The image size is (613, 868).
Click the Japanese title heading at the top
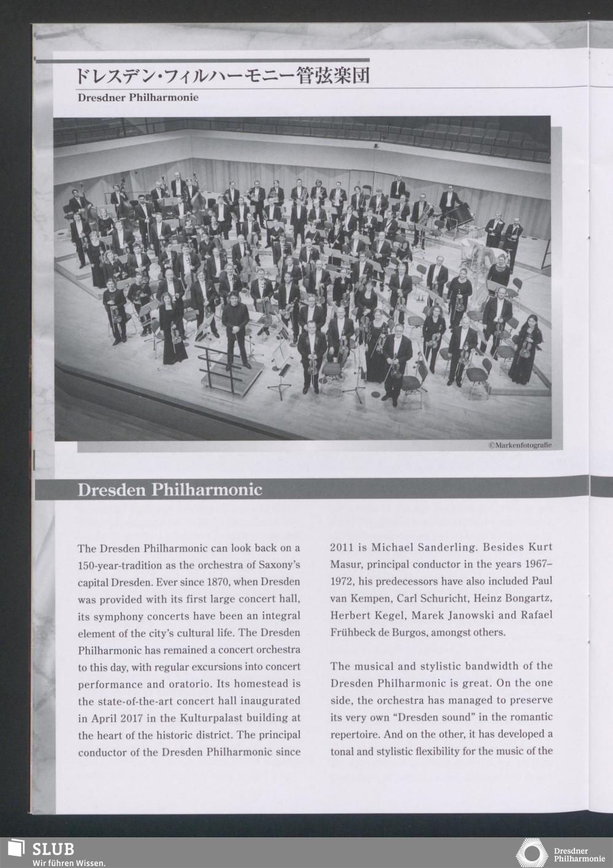click(x=222, y=76)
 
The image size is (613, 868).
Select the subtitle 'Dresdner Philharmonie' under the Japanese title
click(x=138, y=97)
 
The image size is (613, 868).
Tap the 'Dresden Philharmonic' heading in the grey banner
click(x=169, y=490)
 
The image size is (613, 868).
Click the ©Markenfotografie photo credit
click(x=520, y=445)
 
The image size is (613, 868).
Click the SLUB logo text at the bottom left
click(x=53, y=848)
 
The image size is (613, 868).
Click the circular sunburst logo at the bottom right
click(x=531, y=853)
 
